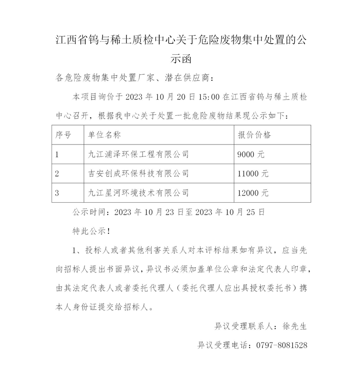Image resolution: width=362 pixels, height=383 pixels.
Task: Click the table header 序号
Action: [63, 135]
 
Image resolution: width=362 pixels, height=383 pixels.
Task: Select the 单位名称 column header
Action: [104, 135]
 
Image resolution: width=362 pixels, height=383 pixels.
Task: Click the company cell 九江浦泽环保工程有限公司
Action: [139, 154]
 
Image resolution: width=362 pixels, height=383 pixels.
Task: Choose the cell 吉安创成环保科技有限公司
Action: [139, 173]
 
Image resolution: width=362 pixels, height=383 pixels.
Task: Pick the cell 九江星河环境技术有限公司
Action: [139, 192]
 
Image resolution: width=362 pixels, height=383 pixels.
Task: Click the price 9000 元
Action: [251, 154]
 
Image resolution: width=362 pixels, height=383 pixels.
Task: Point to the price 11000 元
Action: [252, 173]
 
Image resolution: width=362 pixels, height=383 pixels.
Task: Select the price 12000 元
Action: [252, 192]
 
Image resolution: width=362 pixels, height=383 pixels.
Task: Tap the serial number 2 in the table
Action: [57, 173]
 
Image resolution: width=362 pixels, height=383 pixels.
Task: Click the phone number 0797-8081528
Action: [278, 345]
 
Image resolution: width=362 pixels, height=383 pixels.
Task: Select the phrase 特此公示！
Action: [91, 231]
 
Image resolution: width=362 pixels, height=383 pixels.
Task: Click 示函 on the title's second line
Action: [181, 59]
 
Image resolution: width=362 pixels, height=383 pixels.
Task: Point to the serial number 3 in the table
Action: [57, 192]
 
